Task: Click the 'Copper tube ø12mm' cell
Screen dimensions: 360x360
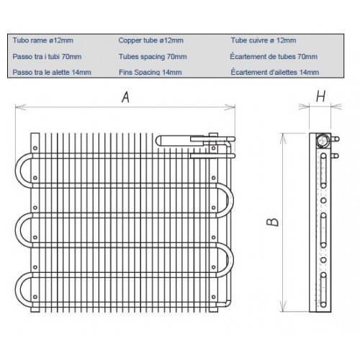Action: (150, 40)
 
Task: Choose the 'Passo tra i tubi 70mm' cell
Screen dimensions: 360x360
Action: (46, 56)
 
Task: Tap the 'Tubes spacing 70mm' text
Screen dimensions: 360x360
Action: (153, 56)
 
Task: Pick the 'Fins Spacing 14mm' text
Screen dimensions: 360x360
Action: (150, 72)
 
